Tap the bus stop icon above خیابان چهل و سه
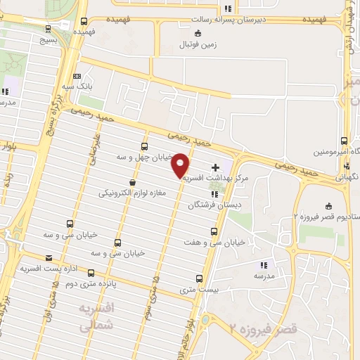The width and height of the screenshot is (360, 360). point(144,147)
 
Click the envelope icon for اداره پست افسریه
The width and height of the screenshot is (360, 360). point(49,258)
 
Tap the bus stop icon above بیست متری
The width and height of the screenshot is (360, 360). point(199,278)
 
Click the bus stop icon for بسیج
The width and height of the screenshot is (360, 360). point(47,29)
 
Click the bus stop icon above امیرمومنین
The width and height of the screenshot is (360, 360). point(344,141)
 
